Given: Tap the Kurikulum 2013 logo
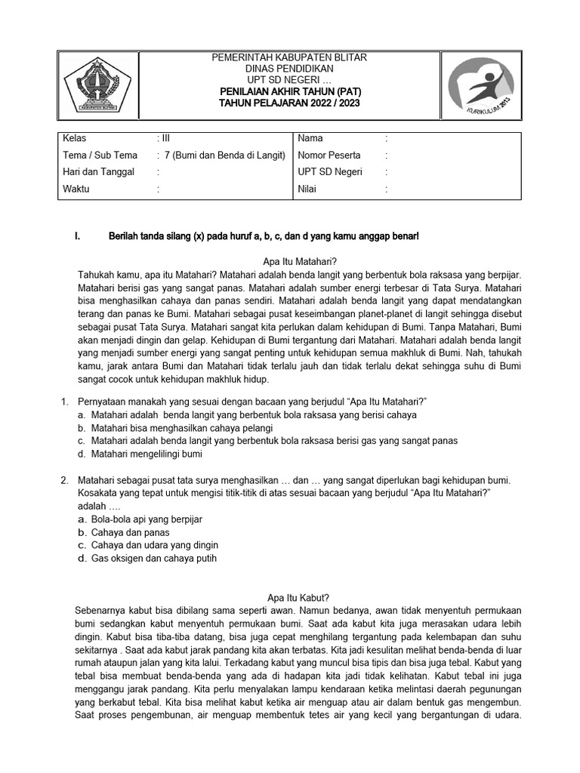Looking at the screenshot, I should coord(480,88).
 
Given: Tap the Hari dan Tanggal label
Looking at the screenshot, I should coord(99,172).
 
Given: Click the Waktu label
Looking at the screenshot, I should coord(76,189).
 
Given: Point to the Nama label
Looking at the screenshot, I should coord(310,138).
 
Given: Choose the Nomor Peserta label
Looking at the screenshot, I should coord(329,156).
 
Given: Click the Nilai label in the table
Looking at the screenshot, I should coord(308,189).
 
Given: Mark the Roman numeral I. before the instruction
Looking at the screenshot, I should coord(79,237).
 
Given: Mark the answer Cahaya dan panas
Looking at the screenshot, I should coord(130,532).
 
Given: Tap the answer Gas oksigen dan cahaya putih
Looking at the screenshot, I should coord(153,559).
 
